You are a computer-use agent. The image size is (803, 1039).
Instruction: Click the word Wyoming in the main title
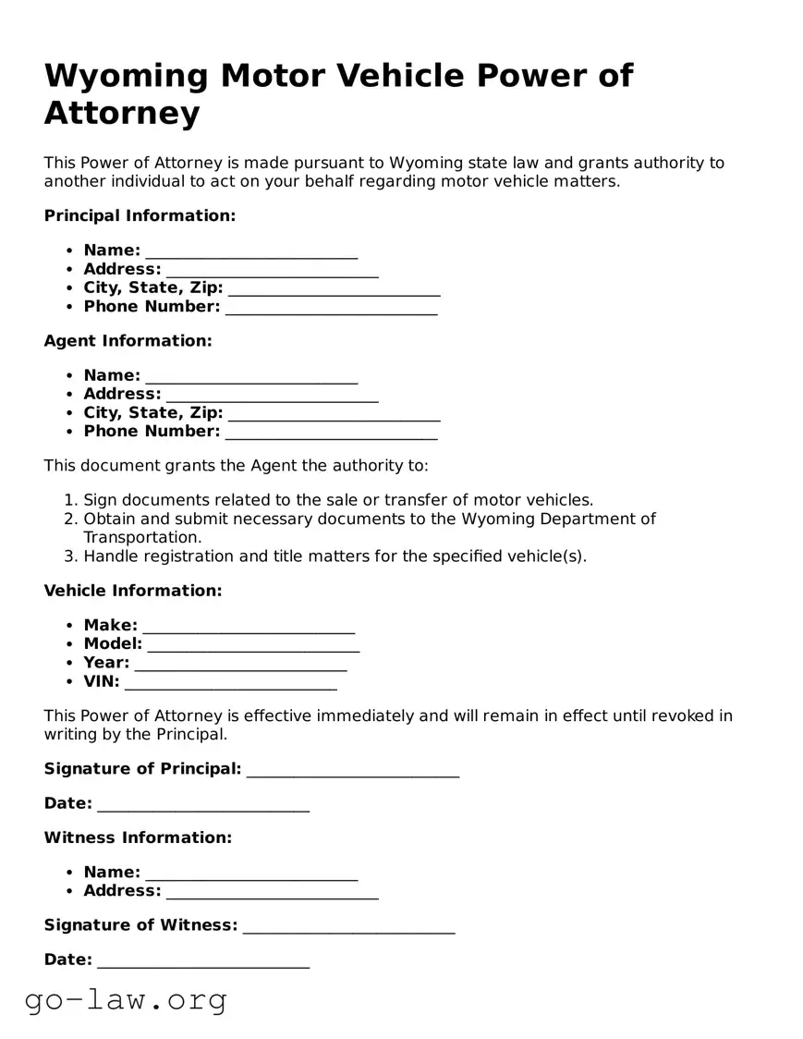[x=127, y=76]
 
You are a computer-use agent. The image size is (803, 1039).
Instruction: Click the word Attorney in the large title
[x=122, y=114]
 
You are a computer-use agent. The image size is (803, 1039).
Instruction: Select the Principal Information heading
[x=140, y=215]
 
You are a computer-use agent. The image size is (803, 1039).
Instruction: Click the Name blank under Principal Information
[x=251, y=251]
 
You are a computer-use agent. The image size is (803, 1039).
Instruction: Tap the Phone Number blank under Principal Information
[x=331, y=307]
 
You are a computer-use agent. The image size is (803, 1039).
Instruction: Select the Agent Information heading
[x=128, y=341]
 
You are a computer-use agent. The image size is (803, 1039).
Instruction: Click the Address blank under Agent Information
[x=272, y=395]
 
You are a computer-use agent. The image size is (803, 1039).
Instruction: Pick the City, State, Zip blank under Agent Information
[x=334, y=413]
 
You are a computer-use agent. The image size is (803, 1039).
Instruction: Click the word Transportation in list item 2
[x=141, y=537]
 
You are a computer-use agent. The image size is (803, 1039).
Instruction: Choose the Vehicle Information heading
[x=133, y=591]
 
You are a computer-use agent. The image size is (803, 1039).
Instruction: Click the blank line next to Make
[x=249, y=627]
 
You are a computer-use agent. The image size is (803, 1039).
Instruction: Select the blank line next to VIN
[x=230, y=682]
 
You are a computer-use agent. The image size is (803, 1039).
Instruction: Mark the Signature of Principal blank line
[x=353, y=770]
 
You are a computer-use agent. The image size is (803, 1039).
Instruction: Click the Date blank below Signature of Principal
[x=202, y=804]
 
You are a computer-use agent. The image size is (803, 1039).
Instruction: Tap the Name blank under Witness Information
[x=251, y=874]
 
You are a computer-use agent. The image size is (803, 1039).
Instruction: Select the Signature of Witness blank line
[x=348, y=926]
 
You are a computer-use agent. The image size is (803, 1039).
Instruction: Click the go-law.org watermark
[x=126, y=999]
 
